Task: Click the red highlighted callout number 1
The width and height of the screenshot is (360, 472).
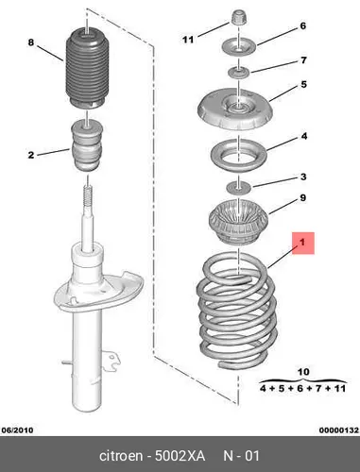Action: point(303,243)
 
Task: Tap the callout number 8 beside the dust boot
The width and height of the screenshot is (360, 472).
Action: point(30,42)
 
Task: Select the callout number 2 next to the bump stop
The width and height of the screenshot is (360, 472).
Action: point(30,155)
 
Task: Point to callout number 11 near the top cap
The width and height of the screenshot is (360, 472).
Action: point(188,40)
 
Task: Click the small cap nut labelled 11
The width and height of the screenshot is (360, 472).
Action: point(239,17)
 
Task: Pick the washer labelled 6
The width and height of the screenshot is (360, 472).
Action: point(239,47)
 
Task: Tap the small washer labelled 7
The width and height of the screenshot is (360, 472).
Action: point(239,73)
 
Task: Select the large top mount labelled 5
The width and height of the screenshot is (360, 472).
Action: point(234,110)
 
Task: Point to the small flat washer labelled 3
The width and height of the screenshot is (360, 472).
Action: point(239,188)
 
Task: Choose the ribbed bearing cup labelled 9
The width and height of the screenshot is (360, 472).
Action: point(238,223)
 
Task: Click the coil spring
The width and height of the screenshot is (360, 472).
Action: point(237,312)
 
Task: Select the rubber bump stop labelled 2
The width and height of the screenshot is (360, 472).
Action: point(87,146)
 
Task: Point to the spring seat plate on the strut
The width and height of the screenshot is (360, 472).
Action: point(98,293)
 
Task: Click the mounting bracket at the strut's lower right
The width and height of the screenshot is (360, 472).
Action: point(111,362)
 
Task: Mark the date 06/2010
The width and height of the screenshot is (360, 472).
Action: point(17,430)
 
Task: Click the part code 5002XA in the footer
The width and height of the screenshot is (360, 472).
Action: point(180,456)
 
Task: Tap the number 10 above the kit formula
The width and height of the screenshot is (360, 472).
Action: point(303,372)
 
